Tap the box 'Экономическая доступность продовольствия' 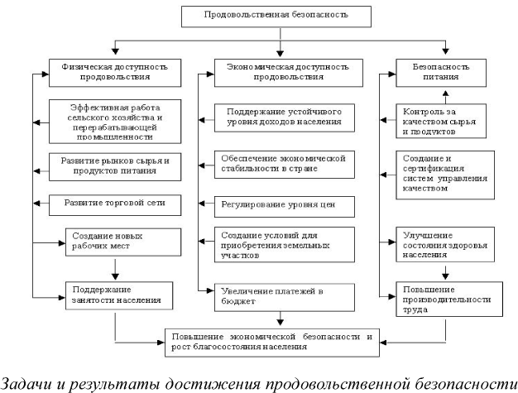pos(281,71)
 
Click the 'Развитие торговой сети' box pos(116,203)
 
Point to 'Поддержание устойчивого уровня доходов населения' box pos(277,117)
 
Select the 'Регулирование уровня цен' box pos(277,203)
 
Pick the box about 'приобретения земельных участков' pos(277,246)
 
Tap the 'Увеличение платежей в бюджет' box pos(277,295)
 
